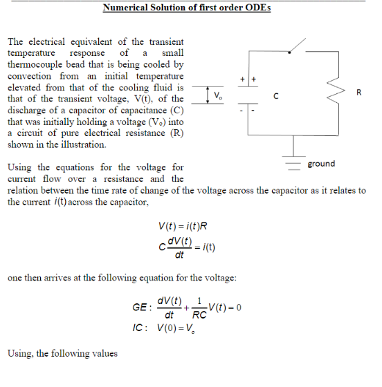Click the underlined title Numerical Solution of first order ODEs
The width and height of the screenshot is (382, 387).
[186, 8]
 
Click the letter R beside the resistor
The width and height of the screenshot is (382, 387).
[358, 93]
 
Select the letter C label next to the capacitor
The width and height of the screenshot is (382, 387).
[276, 95]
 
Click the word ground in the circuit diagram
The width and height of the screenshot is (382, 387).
[321, 164]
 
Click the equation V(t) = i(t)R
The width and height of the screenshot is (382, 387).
[183, 226]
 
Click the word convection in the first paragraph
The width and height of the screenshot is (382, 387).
[30, 76]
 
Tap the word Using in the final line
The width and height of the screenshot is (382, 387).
[19, 353]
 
